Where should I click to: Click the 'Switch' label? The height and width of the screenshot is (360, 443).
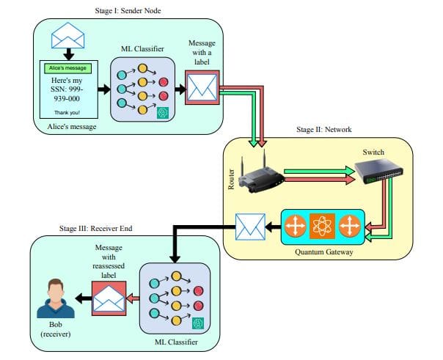pos(373,152)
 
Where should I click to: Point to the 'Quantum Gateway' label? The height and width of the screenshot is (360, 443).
pos(323,251)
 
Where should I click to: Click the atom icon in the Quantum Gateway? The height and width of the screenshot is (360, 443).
pos(323,227)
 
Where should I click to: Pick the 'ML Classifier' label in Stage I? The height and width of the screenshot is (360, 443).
pos(142,48)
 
